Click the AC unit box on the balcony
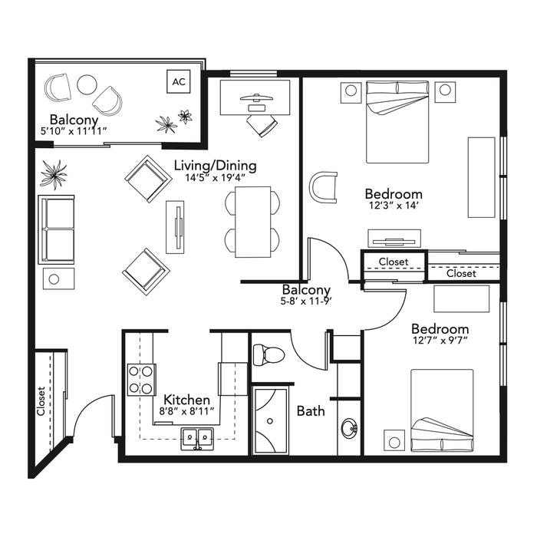pos(179,81)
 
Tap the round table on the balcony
pos(87,84)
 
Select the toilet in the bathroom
pos(268,354)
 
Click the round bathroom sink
pos(349,428)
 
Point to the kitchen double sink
pos(197,438)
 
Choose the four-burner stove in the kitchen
pos(141,380)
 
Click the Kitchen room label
pos(186,400)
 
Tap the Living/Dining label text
pos(215,166)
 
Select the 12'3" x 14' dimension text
pos(394,206)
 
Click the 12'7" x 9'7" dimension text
pos(440,341)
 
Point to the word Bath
pos(311,411)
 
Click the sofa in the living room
pos(57,229)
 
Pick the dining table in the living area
pos(252,222)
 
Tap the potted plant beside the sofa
pos(54,174)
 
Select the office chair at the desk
pos(262,125)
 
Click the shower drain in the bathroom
pos(270,421)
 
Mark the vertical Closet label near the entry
pos(41,401)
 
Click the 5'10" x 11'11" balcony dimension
pos(74,131)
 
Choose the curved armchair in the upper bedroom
pos(323,188)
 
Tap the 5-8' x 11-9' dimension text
pos(307,301)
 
